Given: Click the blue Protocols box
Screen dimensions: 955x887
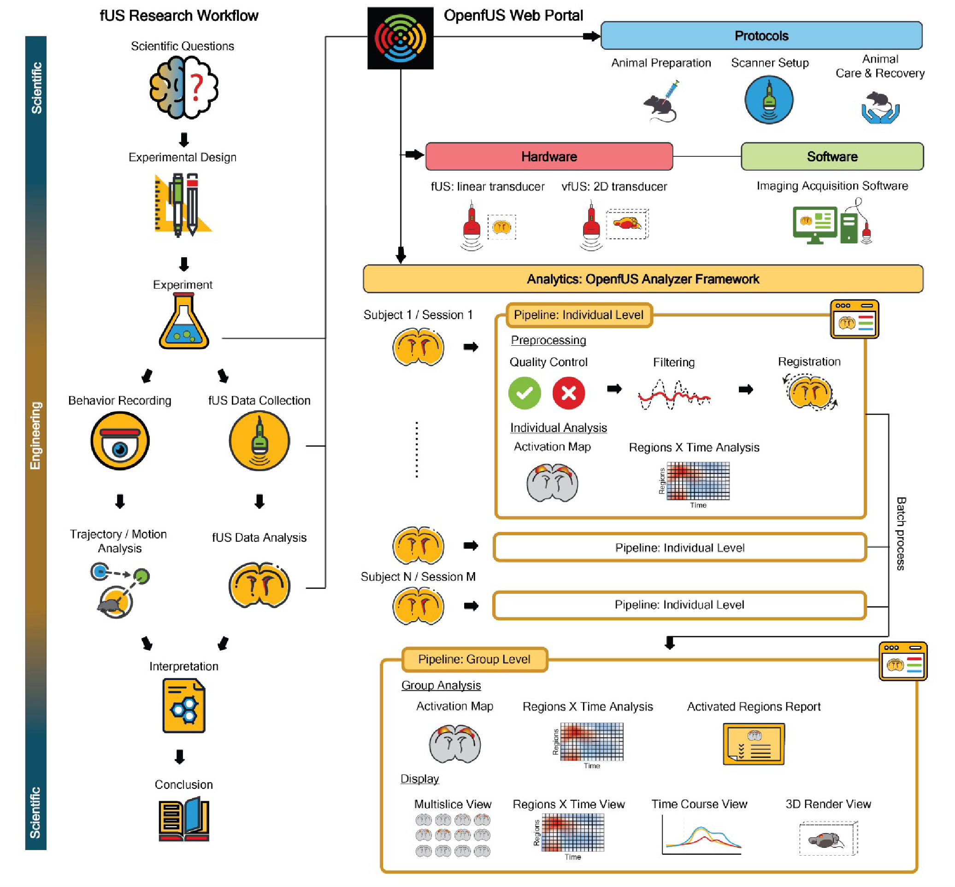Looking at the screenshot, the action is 761,35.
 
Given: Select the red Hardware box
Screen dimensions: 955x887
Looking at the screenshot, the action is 549,156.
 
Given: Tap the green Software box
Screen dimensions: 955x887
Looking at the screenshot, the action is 832,156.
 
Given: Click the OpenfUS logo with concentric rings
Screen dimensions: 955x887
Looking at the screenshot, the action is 400,38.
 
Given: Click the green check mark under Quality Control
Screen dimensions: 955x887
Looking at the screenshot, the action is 525,393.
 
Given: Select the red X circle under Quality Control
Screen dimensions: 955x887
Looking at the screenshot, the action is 568,393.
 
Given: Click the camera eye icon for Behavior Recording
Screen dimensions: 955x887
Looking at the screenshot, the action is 120,441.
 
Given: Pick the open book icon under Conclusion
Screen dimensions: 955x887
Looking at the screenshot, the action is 184,819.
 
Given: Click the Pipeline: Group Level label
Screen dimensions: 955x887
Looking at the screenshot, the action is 474,659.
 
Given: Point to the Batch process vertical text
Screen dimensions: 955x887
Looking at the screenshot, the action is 901,533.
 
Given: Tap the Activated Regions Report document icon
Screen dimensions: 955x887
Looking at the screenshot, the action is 754,744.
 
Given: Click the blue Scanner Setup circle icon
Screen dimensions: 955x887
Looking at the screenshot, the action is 769,101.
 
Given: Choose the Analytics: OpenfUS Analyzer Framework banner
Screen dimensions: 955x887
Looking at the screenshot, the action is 643,279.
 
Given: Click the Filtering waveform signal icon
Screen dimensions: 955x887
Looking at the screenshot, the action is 674,395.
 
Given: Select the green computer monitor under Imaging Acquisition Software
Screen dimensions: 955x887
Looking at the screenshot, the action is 815,224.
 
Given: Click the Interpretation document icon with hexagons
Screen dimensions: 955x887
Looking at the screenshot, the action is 184,705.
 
